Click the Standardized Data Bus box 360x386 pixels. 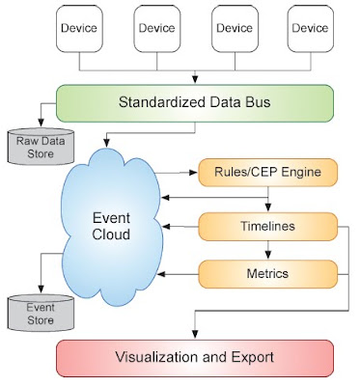tap(195, 103)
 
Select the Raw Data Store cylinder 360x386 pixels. tap(41, 147)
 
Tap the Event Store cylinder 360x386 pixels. tap(41, 313)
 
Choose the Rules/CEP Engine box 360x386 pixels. tap(268, 172)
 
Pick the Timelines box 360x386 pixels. tap(268, 227)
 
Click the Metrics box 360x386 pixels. tap(268, 274)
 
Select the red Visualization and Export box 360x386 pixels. tap(195, 358)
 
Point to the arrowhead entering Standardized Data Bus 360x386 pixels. tap(195, 79)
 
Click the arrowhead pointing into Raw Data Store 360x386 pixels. tap(41, 123)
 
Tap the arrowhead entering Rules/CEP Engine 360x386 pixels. tap(194, 173)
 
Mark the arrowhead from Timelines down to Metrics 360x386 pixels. tap(268, 255)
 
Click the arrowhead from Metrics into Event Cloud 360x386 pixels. tap(162, 274)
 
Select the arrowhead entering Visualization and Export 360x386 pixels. tap(195, 334)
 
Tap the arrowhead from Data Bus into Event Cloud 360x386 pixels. tap(106, 143)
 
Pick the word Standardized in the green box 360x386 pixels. tap(162, 102)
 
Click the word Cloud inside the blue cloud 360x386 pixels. tap(111, 234)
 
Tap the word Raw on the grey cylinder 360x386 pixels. tap(24, 141)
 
